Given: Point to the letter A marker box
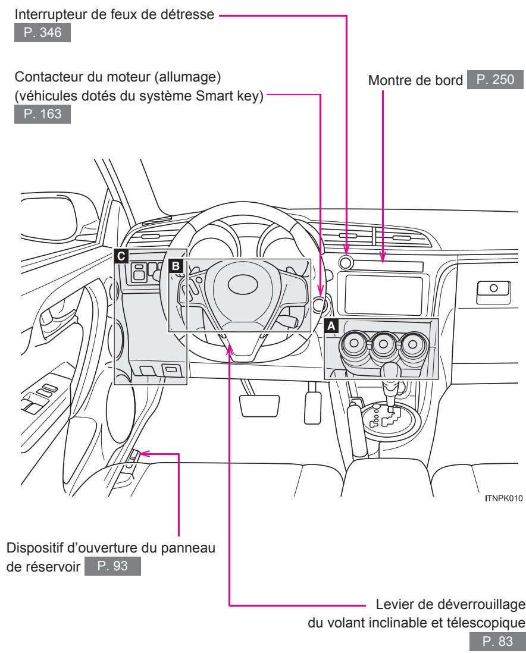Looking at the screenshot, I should point(330,325).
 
